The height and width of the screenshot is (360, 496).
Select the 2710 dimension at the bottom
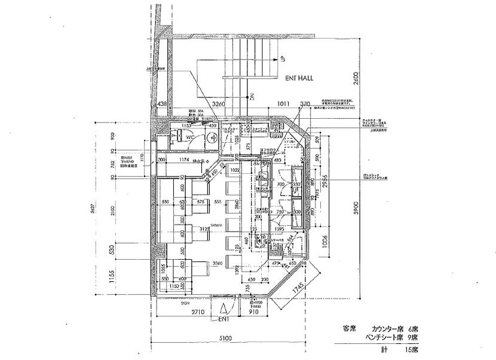point(198,312)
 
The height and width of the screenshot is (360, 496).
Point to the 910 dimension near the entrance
point(254,312)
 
